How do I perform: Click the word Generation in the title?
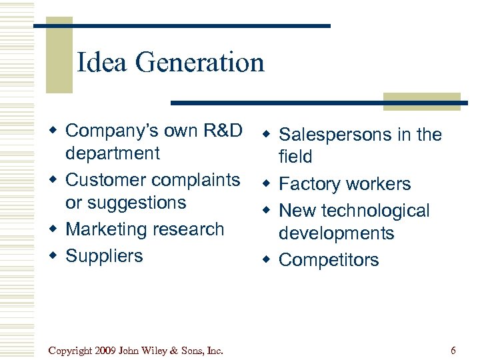pyautogui.click(x=199, y=63)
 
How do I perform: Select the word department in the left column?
pyautogui.click(x=113, y=153)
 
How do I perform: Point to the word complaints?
pyautogui.click(x=196, y=180)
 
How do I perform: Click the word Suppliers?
pyautogui.click(x=105, y=256)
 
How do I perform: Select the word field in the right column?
pyautogui.click(x=295, y=157)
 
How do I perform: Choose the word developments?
pyautogui.click(x=337, y=233)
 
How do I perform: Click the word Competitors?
pyautogui.click(x=329, y=260)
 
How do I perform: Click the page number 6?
pyautogui.click(x=453, y=351)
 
